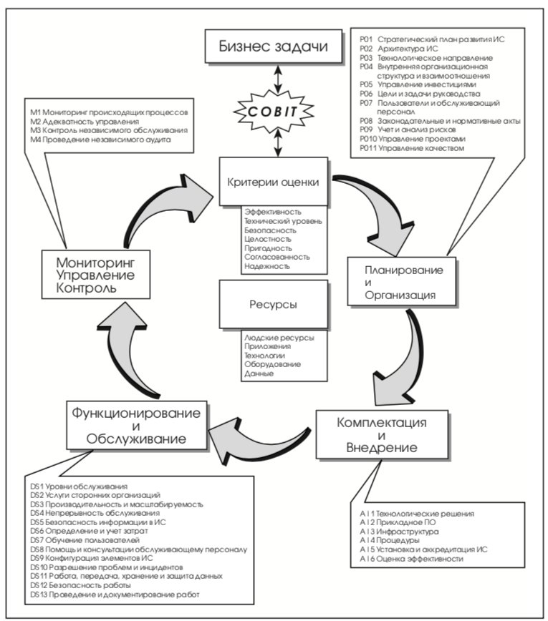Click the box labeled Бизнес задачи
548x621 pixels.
(273, 46)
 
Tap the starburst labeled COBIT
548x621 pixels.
(273, 112)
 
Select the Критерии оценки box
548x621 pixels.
(274, 182)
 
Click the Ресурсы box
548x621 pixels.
(274, 305)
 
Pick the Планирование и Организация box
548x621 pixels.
(402, 282)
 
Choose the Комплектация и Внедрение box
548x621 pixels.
(383, 435)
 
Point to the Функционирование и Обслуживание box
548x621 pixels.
(137, 426)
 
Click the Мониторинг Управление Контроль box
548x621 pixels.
(96, 275)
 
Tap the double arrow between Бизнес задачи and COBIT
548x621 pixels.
(278, 79)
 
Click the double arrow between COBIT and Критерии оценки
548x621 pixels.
(278, 143)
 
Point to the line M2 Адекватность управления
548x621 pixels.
(85, 122)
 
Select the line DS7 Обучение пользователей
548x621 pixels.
(85, 540)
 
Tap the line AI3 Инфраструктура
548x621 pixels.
(399, 532)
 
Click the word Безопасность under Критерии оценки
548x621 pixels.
(271, 230)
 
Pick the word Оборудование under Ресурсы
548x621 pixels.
(272, 364)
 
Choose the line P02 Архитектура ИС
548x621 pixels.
(399, 49)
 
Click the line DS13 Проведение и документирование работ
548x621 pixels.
(115, 595)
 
